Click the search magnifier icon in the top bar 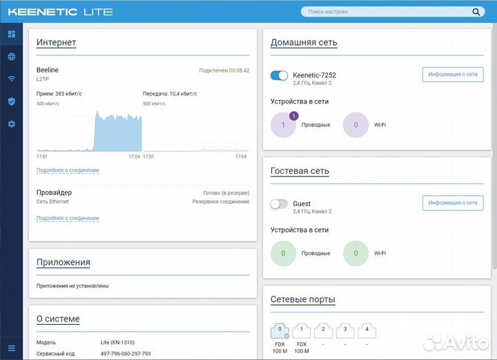click(476, 12)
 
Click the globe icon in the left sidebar click(11, 57)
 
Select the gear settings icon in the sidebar click(11, 124)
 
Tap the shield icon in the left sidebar click(11, 101)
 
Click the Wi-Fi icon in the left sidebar click(11, 79)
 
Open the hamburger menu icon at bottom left click(11, 348)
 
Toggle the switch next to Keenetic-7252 click(279, 75)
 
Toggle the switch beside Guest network click(279, 204)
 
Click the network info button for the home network click(452, 74)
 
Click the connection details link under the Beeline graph click(68, 170)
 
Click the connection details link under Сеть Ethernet click(68, 219)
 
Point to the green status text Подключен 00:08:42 click(224, 70)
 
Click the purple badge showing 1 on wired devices click(293, 116)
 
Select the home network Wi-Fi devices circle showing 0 click(355, 125)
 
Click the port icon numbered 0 click(280, 330)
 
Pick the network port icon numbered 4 click(367, 330)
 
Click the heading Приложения click(64, 262)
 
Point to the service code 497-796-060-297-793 click(126, 354)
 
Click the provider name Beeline click(48, 70)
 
